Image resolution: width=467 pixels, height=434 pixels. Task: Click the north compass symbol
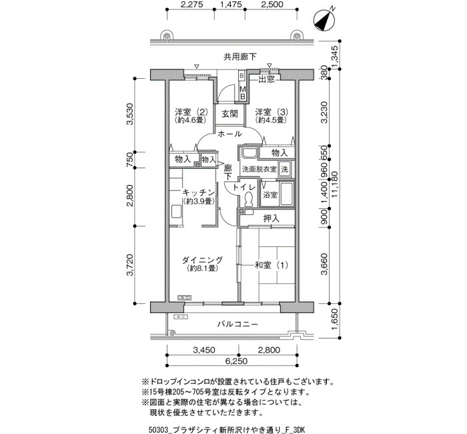pos(324,20)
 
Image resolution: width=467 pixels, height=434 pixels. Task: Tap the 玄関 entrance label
pos(229,114)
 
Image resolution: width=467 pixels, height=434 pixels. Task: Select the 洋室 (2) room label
pos(191,112)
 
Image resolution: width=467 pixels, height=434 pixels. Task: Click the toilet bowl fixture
pos(248,198)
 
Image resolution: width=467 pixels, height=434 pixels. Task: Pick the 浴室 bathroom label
pos(270,195)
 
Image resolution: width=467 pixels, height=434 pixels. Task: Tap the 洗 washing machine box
pos(285,169)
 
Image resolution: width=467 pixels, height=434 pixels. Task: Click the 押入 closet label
pos(272,218)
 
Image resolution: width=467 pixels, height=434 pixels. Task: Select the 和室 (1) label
pos(272,264)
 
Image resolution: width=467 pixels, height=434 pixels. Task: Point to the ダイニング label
pos(202,260)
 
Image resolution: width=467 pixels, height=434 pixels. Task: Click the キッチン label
pos(199,192)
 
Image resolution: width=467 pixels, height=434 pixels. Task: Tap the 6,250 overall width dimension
pos(236,361)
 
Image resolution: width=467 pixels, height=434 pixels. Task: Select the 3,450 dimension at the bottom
pos(203,350)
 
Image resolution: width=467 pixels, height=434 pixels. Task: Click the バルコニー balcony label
pos(238,324)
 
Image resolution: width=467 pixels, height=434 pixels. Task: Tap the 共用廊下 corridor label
pos(240,57)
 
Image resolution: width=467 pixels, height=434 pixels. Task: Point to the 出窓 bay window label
pos(266,79)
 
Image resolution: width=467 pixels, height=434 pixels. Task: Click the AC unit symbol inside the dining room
pos(185,298)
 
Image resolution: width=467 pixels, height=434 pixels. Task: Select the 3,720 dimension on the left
pos(130,264)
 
